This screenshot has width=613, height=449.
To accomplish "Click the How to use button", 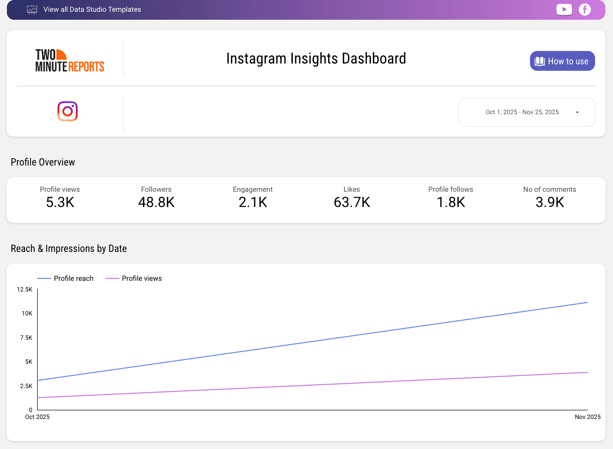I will [x=562, y=61].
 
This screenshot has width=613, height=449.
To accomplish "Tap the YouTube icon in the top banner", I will [x=564, y=10].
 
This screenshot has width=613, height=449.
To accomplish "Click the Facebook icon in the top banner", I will [x=584, y=10].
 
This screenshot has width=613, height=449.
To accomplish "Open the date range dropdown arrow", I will [x=577, y=112].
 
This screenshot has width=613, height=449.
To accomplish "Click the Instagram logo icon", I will [x=67, y=111].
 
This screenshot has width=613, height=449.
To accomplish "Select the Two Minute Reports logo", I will [x=70, y=61].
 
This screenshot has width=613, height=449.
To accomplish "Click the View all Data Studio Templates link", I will [x=92, y=10].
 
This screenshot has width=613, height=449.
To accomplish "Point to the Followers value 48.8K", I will [x=156, y=202].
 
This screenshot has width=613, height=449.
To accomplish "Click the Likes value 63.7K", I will [x=352, y=202].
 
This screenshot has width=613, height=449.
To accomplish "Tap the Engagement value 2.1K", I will [x=253, y=202].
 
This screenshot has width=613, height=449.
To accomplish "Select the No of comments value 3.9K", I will [x=549, y=202].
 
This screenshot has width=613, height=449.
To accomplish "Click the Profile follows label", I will [x=450, y=189].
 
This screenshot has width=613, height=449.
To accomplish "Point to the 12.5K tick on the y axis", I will [x=25, y=290].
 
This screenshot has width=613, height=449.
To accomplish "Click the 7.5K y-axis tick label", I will [x=26, y=338].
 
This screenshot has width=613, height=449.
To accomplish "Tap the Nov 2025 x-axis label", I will [x=587, y=417].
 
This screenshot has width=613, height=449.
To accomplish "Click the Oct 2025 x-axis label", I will [x=37, y=417].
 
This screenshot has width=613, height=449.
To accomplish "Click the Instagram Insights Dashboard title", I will [x=316, y=59].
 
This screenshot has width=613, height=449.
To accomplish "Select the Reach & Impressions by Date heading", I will [x=69, y=248].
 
